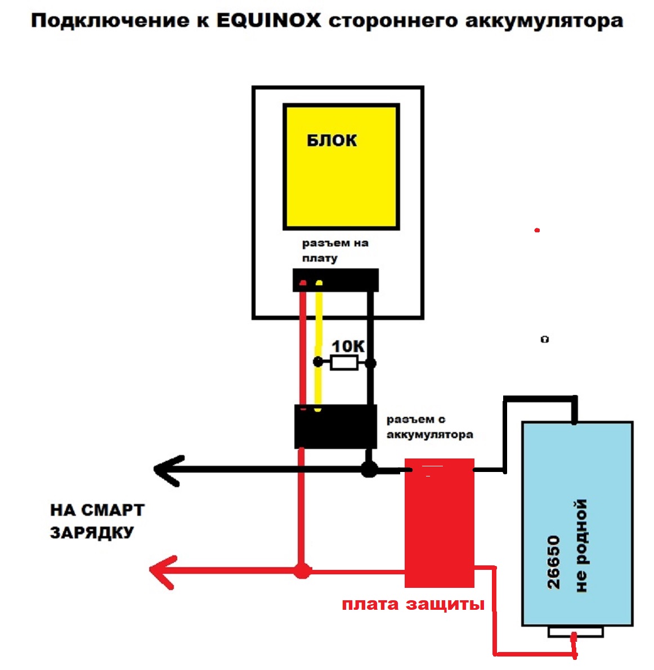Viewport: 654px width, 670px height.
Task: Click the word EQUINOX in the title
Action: tap(268, 21)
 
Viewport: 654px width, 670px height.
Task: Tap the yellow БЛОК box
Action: tap(341, 167)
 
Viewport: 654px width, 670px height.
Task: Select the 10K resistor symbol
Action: tap(344, 363)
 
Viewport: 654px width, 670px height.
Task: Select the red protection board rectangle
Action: tap(439, 523)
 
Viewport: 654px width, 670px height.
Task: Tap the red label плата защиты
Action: tap(413, 605)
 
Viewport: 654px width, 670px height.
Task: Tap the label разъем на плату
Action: tap(335, 251)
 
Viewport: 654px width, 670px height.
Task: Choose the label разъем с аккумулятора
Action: tap(429, 427)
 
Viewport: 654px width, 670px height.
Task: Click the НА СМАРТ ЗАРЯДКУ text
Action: tap(97, 521)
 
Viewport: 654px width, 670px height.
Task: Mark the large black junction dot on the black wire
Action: tap(369, 469)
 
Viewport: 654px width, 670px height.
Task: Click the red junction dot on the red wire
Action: tap(303, 572)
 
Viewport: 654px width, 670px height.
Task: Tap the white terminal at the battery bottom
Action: tap(575, 632)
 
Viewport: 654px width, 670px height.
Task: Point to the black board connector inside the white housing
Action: tap(335, 280)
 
